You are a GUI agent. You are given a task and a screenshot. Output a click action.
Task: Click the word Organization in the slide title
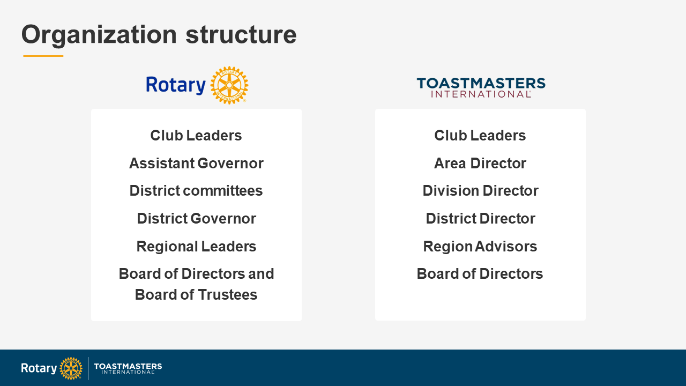coord(99,34)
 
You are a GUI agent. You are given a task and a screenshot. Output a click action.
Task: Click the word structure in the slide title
coord(241,34)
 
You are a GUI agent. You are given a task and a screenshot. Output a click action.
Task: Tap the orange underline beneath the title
coord(43,56)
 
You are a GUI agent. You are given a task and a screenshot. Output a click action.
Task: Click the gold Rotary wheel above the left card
coord(229,85)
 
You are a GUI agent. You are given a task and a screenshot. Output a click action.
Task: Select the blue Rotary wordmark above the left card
coord(176,85)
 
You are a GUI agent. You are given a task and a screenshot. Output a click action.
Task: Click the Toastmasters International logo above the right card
coord(481,87)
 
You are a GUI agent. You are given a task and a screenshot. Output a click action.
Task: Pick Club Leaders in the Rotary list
coord(196,136)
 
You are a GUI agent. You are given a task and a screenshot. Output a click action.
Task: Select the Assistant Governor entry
coord(196,164)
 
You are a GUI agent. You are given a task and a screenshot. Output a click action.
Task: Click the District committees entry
coord(196,191)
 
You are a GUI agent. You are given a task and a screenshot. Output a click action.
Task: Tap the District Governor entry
coord(196,219)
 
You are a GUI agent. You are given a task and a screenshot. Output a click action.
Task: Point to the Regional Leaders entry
coord(196,247)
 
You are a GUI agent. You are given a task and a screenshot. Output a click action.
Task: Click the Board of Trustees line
coord(196,295)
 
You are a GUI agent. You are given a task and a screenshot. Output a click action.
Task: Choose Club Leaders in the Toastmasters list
coord(480,136)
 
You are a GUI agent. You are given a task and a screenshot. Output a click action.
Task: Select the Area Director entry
coord(480,164)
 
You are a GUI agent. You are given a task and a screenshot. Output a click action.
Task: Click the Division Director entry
coord(480,191)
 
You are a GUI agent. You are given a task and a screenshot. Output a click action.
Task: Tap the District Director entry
coord(480,219)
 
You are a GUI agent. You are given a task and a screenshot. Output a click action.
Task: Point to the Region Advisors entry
coord(480,247)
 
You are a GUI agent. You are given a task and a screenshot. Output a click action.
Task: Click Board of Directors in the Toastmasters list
coord(480,274)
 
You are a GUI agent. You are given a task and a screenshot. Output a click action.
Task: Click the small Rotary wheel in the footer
coord(71,368)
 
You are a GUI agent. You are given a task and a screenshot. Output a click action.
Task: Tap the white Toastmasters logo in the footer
coord(128,368)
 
